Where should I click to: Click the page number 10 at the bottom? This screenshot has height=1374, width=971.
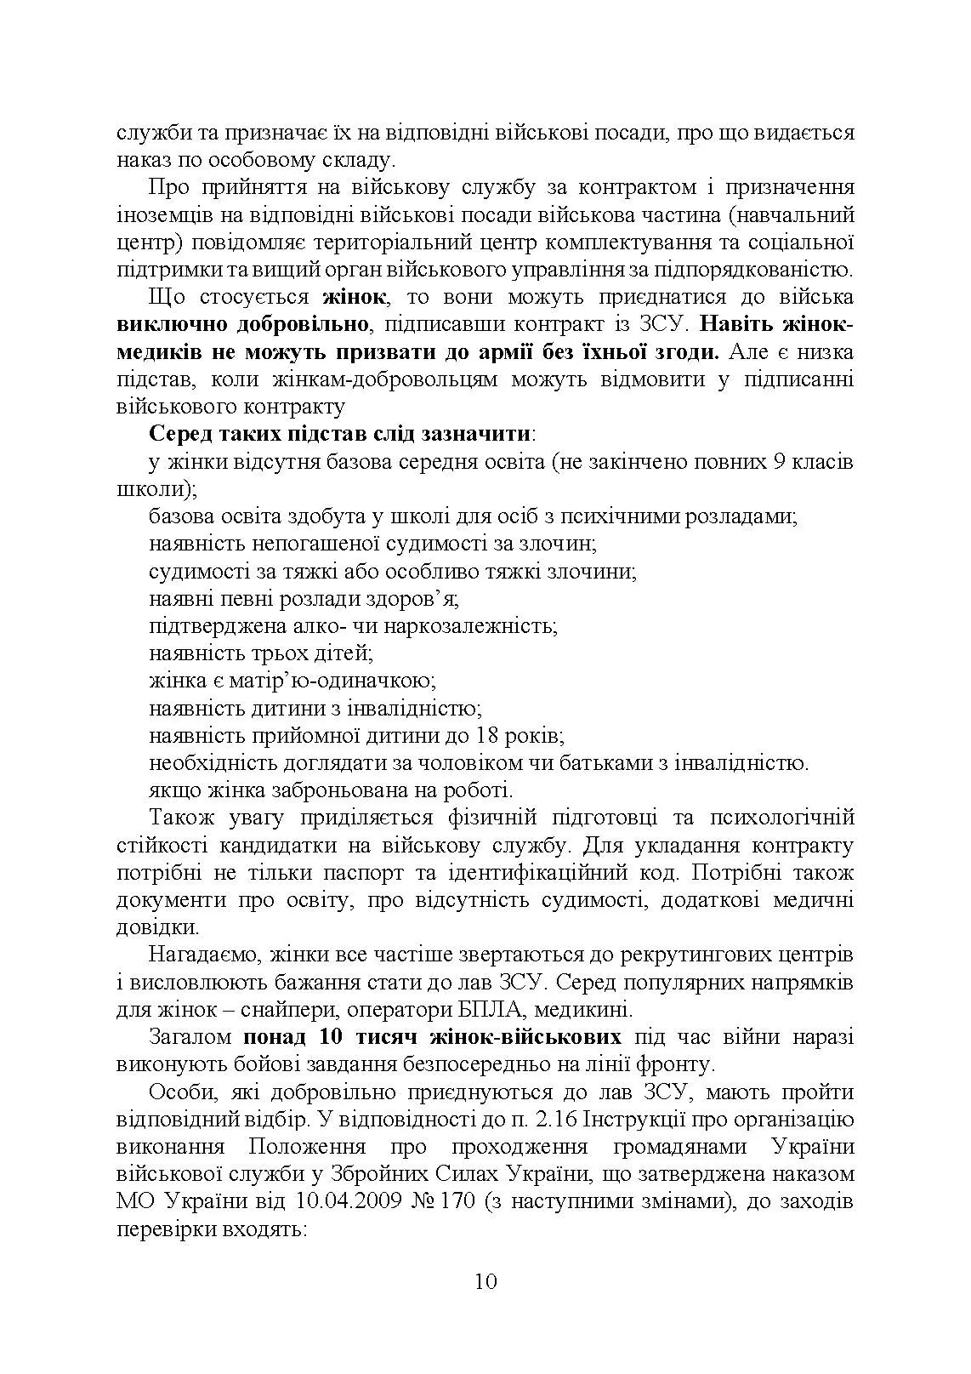tap(485, 1281)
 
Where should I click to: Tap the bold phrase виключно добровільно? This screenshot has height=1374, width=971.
tap(243, 324)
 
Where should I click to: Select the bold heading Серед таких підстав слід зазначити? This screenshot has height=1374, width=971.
tap(340, 433)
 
